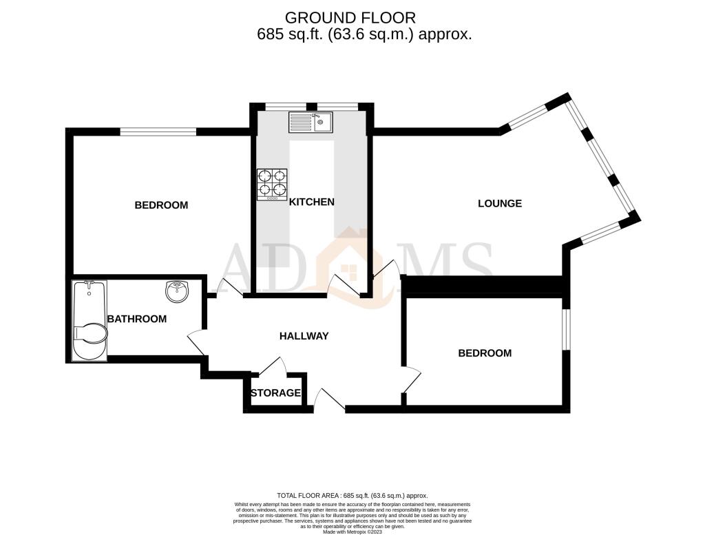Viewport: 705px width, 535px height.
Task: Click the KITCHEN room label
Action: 312,202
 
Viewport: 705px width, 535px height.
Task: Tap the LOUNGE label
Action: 500,203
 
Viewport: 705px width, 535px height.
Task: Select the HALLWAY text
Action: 304,336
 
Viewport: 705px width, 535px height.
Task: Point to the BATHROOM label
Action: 137,319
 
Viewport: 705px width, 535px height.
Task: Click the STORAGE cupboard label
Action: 275,393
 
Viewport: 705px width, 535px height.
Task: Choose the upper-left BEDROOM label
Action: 161,205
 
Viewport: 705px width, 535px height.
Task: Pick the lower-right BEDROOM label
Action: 485,353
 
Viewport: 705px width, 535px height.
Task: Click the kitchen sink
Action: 311,123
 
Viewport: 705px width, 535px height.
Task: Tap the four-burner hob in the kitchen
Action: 272,185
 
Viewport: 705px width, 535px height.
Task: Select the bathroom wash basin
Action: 178,292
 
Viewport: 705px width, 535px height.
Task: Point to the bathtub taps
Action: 89,284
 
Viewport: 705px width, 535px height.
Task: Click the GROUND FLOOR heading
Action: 350,18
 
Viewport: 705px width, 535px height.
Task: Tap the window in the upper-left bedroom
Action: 158,132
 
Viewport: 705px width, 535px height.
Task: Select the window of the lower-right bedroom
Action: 566,328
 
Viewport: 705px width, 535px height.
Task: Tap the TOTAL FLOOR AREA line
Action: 352,496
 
